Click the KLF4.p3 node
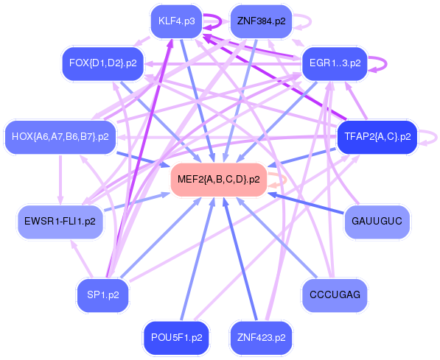click(x=176, y=21)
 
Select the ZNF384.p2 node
click(x=261, y=21)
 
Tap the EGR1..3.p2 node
click(x=335, y=63)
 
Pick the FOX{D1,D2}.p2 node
click(x=102, y=63)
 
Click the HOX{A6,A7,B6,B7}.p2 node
click(x=60, y=136)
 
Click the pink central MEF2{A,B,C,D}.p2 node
click(x=218, y=180)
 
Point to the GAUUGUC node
click(x=377, y=222)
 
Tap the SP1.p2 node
click(x=102, y=294)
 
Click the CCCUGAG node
click(x=335, y=294)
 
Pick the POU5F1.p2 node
click(x=176, y=337)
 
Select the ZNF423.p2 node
click(x=261, y=337)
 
